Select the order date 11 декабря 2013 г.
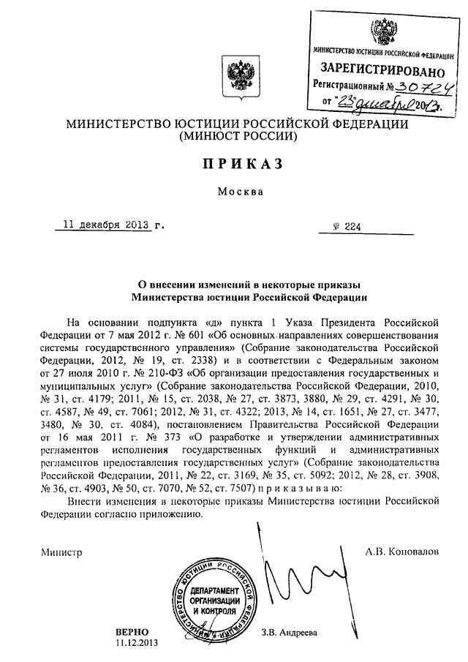click(x=110, y=225)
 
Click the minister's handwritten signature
click(x=300, y=578)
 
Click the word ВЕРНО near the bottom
click(x=132, y=631)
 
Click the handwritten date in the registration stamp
click(x=399, y=106)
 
